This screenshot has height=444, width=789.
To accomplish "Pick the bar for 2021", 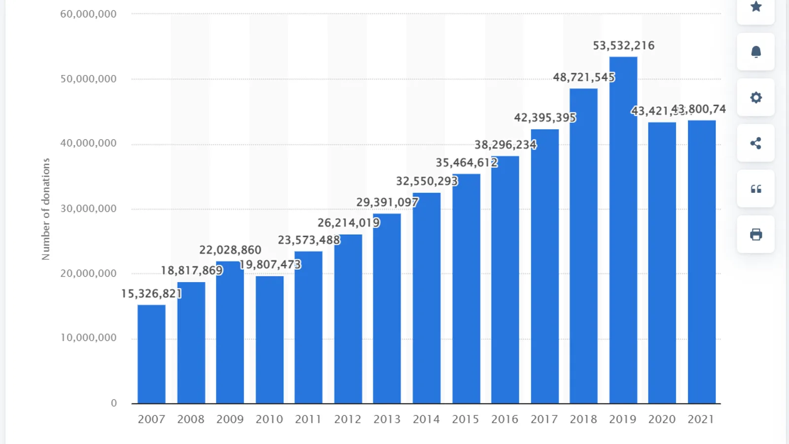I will point(701,262).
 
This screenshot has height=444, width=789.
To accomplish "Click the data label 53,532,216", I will point(623,46).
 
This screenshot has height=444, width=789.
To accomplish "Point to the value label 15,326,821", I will point(151,294).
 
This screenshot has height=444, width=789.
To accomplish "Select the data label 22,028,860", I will point(230,250).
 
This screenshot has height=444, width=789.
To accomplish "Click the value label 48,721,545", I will point(583,77).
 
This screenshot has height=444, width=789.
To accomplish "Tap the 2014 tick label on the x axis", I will point(426,419).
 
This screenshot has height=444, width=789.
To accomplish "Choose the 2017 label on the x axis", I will point(544,419).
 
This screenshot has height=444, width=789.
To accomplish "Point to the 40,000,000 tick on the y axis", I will point(88,144).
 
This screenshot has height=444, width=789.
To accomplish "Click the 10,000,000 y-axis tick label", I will point(88,338).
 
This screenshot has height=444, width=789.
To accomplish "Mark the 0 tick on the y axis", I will point(113,403).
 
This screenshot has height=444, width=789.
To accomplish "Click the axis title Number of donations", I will point(46,209).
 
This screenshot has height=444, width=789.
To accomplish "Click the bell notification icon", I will point(755,52).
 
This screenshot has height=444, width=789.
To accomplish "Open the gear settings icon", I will point(755,98).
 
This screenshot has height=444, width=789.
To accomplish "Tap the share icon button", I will point(755,143).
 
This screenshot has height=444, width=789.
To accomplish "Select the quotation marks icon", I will point(755,189).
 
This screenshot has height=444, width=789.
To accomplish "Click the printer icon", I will point(755,234).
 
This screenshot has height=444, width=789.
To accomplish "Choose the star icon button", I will point(755,7).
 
